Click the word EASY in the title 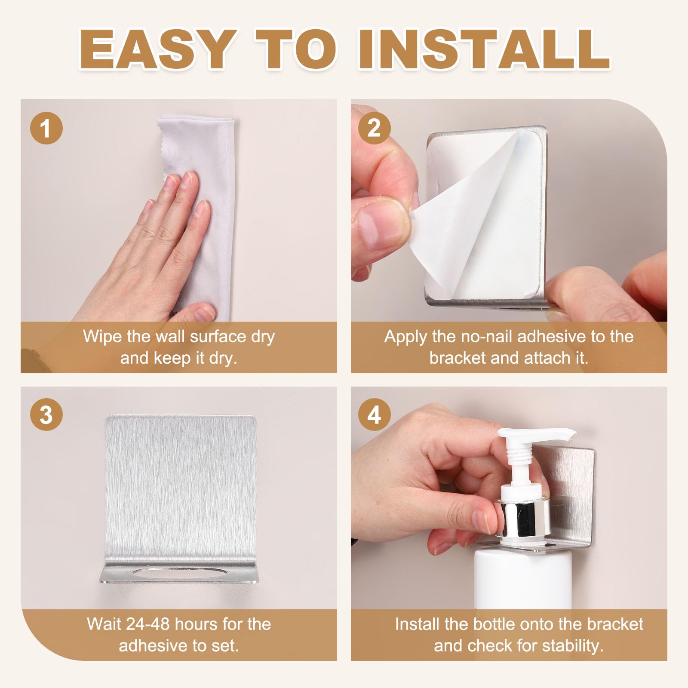[x=157, y=49]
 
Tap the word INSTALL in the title [x=484, y=49]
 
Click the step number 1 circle [x=46, y=128]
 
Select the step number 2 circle [x=375, y=128]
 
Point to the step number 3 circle [x=46, y=415]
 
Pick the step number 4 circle [x=375, y=415]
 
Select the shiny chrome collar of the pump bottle [x=522, y=517]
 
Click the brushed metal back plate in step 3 [x=181, y=486]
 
